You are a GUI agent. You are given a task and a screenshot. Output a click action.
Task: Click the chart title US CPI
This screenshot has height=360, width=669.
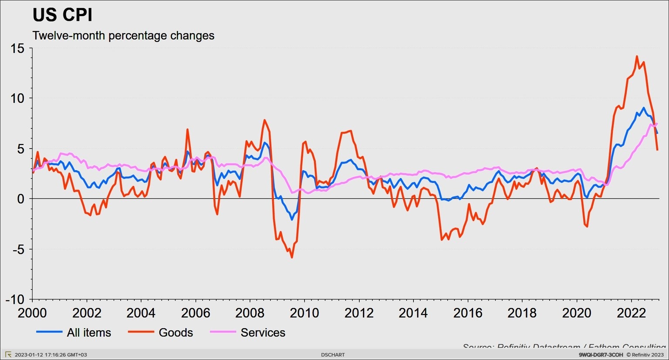coord(62,15)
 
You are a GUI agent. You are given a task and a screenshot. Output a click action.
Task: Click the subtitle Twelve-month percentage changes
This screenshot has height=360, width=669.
coord(123,36)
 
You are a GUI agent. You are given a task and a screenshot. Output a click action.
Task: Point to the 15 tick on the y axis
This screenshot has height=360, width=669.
coord(17,48)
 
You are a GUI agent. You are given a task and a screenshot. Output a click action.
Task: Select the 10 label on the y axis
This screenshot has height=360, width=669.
coord(17,98)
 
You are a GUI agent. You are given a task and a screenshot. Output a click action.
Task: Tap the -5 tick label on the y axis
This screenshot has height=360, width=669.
coord(17,249)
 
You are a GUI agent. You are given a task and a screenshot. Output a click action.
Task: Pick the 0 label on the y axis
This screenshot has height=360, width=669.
coord(20,199)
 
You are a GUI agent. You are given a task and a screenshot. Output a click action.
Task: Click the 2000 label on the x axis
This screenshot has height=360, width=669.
coord(32,313)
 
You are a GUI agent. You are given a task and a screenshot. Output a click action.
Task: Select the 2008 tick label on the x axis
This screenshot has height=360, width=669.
coord(250,313)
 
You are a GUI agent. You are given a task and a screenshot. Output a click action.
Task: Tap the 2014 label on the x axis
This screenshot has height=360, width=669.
coord(413,313)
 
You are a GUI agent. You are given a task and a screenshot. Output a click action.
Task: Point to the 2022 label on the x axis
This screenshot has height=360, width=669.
coord(631,313)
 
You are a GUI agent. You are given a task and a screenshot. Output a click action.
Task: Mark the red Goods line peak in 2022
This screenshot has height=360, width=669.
coord(637,56)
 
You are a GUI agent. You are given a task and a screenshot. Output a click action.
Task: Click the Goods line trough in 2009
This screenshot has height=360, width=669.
coord(292,257)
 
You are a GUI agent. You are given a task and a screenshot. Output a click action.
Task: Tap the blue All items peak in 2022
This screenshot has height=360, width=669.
coord(643,108)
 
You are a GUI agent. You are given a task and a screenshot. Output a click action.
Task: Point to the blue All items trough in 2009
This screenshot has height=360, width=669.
coord(292,219)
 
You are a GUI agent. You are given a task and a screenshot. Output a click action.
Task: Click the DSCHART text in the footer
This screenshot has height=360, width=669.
coord(333,355)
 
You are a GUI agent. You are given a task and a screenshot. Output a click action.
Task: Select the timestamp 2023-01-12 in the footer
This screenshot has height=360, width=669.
coord(51,355)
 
